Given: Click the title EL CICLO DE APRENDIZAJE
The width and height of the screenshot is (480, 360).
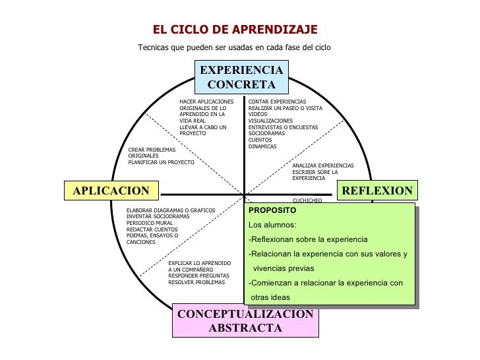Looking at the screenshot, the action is click(x=235, y=30).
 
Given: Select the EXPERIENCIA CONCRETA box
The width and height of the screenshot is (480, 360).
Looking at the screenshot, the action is click(x=241, y=78).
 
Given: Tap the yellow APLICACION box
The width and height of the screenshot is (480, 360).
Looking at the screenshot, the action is click(x=111, y=191).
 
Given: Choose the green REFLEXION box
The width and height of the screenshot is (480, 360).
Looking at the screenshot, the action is click(x=377, y=191).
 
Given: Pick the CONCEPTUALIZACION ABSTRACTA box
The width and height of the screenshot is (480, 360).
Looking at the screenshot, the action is click(x=245, y=320).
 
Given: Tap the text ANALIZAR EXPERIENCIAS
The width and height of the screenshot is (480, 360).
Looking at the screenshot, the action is click(x=323, y=165).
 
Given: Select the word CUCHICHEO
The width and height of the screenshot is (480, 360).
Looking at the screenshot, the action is click(x=307, y=200).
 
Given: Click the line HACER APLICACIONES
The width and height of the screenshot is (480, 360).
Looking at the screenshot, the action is click(x=206, y=102).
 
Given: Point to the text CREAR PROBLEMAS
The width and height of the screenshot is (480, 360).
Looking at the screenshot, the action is click(x=152, y=150).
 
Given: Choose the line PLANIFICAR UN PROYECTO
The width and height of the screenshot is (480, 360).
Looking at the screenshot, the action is click(x=161, y=162).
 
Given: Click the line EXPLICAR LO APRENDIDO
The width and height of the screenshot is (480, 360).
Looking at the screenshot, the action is click(x=199, y=263).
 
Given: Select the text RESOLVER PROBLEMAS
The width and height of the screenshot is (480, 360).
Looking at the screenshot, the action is click(x=196, y=282).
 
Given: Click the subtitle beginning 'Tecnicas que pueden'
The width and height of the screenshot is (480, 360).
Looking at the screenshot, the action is click(x=234, y=47).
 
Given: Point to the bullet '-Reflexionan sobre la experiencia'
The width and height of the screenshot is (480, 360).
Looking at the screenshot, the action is click(x=308, y=239).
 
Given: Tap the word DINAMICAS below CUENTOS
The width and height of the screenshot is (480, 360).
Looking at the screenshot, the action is click(x=262, y=146).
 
